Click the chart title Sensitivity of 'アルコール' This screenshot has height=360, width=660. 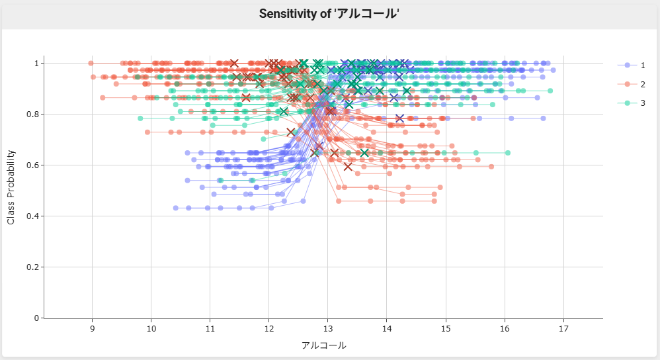click(329, 14)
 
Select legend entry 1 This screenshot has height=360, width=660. click(642, 65)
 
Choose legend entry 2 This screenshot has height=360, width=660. click(642, 84)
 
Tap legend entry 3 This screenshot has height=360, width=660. click(642, 103)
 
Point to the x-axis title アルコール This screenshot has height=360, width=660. click(323, 345)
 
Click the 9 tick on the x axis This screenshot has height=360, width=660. click(92, 329)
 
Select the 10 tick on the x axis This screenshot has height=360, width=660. click(151, 329)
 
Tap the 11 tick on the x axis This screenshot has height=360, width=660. click(210, 329)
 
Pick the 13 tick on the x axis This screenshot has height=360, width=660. click(327, 329)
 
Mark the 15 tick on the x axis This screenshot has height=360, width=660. click(446, 329)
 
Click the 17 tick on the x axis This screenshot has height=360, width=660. click(563, 329)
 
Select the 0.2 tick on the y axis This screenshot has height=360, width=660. click(33, 267)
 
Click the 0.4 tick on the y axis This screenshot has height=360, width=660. click(33, 216)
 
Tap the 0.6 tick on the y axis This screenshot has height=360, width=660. click(33, 165)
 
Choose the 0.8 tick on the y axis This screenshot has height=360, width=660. click(33, 114)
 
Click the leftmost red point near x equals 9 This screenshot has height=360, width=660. click(91, 64)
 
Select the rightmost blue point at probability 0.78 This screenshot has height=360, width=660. click(543, 118)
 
